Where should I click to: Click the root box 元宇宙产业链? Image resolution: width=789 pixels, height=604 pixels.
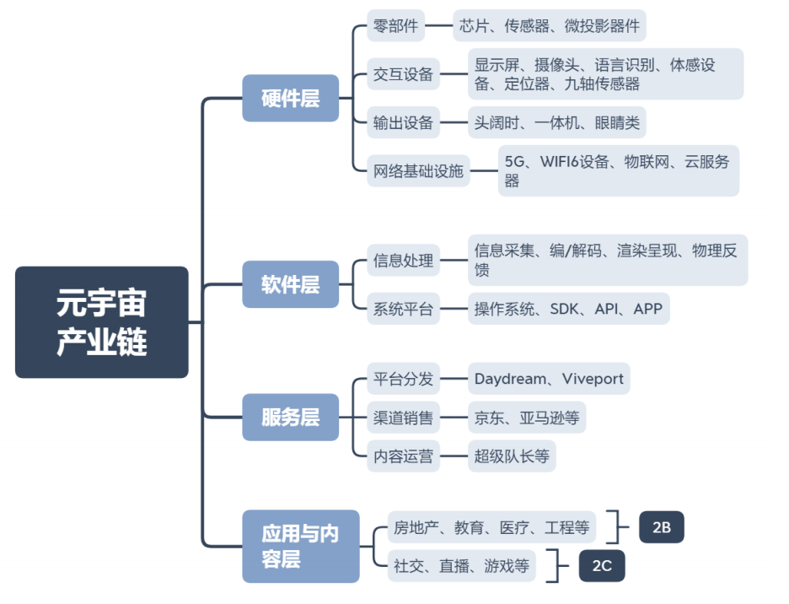point(101,321)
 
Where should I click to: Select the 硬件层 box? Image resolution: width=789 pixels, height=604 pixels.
point(290,98)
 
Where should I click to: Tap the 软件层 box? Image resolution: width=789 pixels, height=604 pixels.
point(290,284)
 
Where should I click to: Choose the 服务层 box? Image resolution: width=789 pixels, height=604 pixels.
point(290,417)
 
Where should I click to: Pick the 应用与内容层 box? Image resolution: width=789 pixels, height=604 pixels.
point(300,546)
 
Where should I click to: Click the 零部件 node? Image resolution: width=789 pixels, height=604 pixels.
point(395,26)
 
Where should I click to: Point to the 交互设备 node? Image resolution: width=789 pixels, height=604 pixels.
point(403,74)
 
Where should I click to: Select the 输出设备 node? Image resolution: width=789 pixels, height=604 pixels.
point(403,123)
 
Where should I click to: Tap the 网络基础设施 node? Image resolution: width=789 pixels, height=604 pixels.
point(418,171)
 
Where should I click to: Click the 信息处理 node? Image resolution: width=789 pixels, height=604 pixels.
point(403,260)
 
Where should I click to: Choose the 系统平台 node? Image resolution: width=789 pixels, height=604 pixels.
point(403,309)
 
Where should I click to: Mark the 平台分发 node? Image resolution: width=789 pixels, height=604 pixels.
point(403,379)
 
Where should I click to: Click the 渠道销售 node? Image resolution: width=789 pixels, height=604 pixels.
point(403,417)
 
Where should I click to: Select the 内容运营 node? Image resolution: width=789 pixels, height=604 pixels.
point(403,456)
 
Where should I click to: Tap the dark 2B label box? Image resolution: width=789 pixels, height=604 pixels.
point(661,527)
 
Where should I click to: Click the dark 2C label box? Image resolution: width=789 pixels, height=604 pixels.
point(601,566)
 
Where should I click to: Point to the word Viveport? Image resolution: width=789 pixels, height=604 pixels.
point(593,379)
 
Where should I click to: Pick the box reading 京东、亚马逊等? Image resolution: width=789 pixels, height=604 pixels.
point(526,417)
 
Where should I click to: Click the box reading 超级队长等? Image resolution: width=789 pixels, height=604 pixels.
point(511,456)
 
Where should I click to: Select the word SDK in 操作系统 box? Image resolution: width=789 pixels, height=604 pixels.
point(565,309)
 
